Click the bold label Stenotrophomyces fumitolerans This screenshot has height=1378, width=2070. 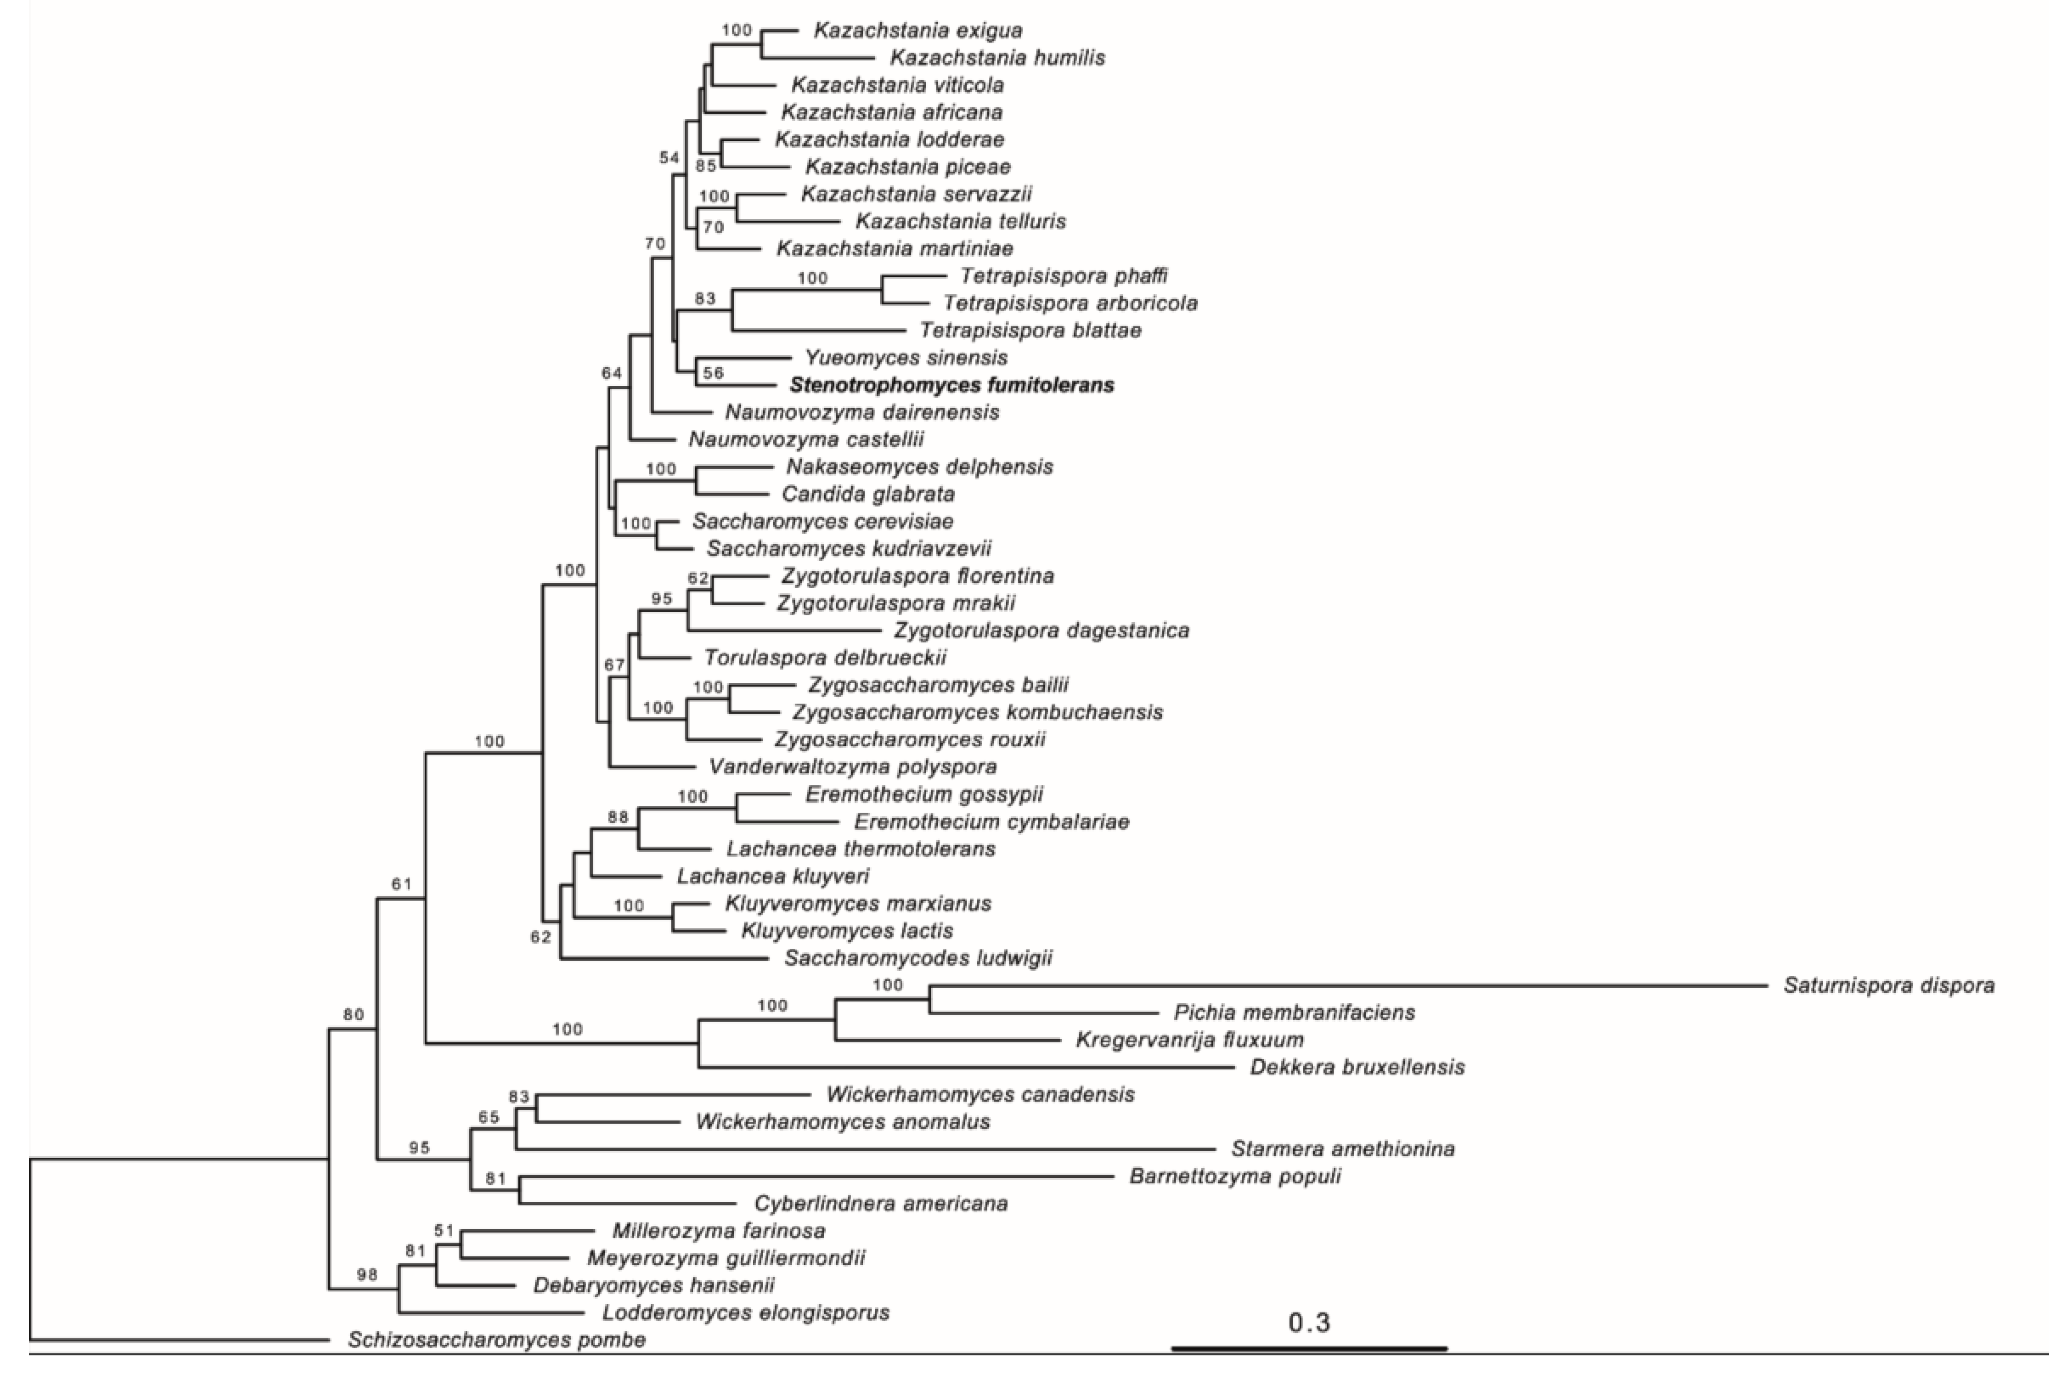click(952, 385)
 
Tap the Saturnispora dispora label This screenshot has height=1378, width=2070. click(1888, 985)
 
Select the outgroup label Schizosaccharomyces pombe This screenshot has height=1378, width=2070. click(496, 1339)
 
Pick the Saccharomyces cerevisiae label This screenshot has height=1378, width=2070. click(822, 521)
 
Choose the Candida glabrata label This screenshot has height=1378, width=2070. click(868, 494)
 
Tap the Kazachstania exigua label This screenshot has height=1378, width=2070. click(918, 31)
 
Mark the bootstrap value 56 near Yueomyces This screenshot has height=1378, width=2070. click(712, 373)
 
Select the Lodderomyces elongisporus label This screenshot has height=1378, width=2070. click(746, 1312)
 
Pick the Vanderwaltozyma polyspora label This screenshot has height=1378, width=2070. click(852, 766)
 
